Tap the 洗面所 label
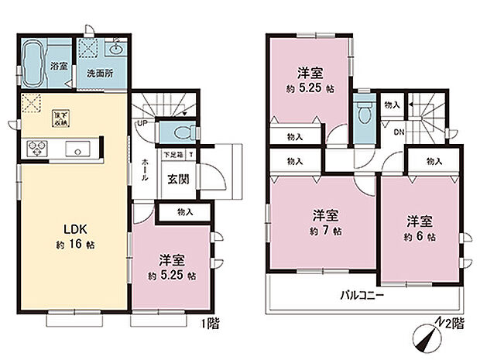click(100, 74)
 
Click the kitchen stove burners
click(37, 149)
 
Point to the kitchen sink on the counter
click(78, 149)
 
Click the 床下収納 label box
click(58, 118)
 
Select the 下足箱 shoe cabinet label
click(172, 154)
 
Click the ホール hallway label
click(145, 171)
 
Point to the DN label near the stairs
click(399, 132)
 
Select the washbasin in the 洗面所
click(116, 49)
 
